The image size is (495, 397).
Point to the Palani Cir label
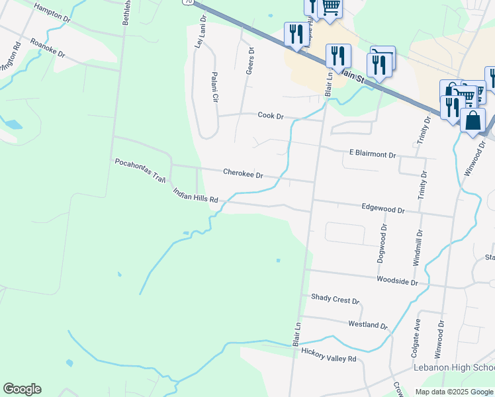214,88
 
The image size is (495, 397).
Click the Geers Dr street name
250,60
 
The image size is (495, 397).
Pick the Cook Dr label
270,116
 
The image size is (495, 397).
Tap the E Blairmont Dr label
372,154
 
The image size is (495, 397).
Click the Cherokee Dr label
243,174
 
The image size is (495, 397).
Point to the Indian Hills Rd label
195,195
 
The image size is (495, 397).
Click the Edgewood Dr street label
382,208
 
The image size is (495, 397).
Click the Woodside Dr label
397,281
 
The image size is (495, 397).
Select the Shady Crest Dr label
335,300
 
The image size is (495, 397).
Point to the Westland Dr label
367,325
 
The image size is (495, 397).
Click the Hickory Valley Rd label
329,358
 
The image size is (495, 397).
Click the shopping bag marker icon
472,121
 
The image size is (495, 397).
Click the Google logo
22,389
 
